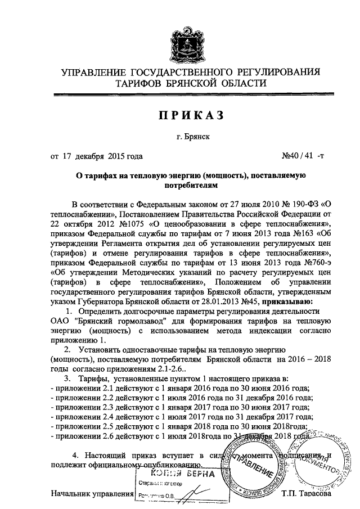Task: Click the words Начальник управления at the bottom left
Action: tap(91, 494)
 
